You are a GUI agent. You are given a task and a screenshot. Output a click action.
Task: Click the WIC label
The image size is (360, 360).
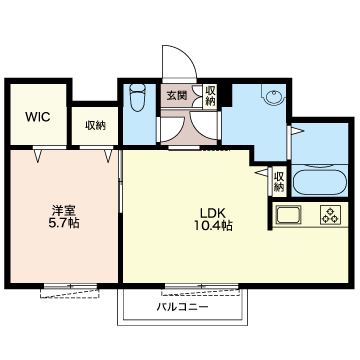tap(37, 114)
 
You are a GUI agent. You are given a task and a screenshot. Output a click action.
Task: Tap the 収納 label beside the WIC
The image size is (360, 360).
tap(95, 125)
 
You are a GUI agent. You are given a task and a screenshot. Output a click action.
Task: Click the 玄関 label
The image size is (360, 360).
tap(176, 96)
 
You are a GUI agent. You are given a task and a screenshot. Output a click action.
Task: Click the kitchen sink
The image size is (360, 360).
tap(289, 216)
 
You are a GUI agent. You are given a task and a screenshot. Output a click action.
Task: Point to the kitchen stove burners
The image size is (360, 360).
tap(329, 216)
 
